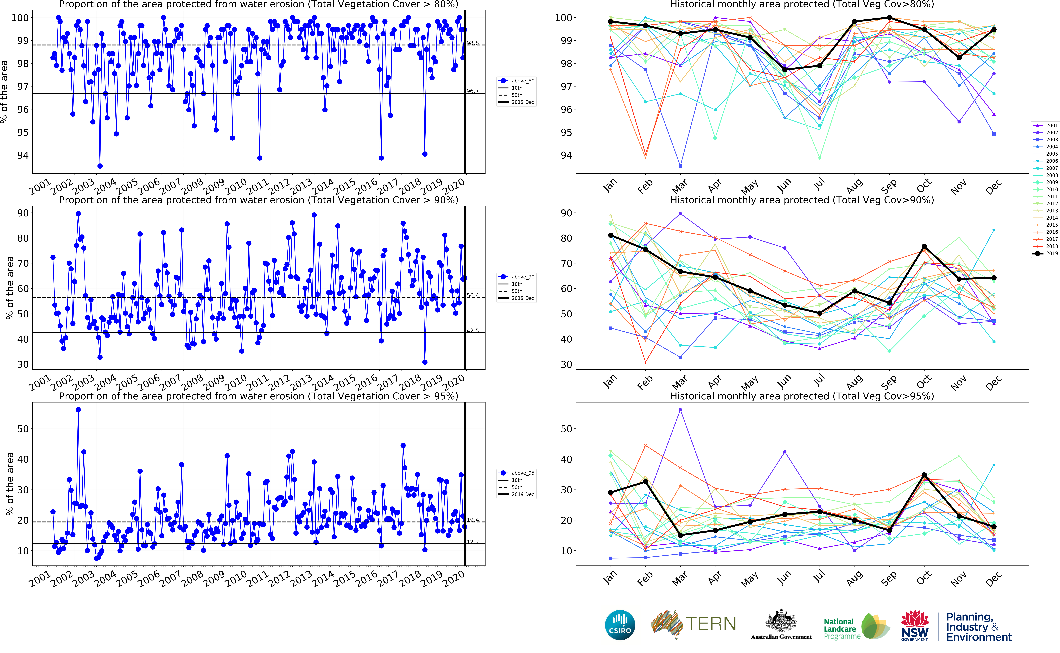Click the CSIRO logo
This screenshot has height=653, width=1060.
[620, 625]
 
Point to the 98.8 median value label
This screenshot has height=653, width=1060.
[473, 43]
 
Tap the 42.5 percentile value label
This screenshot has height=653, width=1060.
[473, 330]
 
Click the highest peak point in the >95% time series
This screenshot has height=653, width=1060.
[78, 410]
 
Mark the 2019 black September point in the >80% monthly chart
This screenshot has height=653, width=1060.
[889, 18]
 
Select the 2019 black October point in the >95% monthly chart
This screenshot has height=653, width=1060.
[924, 475]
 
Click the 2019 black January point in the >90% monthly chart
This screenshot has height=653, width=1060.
[611, 235]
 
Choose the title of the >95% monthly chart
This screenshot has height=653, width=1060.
[802, 396]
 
